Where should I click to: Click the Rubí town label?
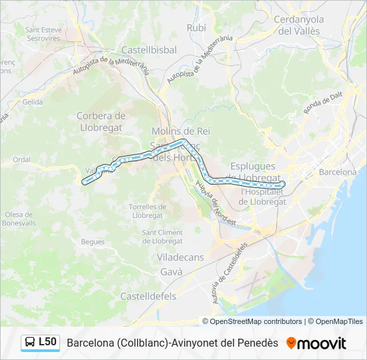[197, 27]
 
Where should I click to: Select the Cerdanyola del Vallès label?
[298, 25]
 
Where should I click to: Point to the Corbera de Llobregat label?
[101, 121]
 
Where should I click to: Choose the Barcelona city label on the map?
[338, 171]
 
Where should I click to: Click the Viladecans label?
[180, 257]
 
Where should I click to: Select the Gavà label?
[171, 272]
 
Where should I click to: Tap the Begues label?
[93, 242]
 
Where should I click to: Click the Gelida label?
[32, 102]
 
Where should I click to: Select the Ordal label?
[22, 159]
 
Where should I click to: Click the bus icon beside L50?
[30, 343]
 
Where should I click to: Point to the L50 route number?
[47, 342]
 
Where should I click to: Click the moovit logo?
[316, 343]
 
